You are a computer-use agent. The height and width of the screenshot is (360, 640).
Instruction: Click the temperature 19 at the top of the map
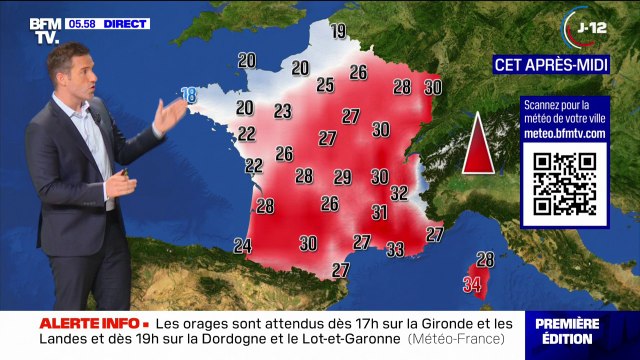click(x=338, y=31)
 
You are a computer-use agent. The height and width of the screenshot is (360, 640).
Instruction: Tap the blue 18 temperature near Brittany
click(x=187, y=95)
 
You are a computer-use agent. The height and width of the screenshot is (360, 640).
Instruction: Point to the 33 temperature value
click(x=395, y=249)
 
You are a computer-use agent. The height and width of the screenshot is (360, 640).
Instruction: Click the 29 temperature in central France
click(x=342, y=177)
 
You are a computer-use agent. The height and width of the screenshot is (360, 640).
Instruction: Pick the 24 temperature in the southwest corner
click(x=242, y=245)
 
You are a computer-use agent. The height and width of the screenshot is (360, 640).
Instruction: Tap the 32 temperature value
click(x=399, y=192)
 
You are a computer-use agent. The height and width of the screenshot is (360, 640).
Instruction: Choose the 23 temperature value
click(x=283, y=111)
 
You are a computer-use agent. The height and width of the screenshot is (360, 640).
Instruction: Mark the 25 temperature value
click(x=325, y=85)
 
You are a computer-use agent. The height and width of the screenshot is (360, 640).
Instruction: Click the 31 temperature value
click(x=379, y=212)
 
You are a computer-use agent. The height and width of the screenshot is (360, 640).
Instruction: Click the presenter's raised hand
click(x=171, y=113)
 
